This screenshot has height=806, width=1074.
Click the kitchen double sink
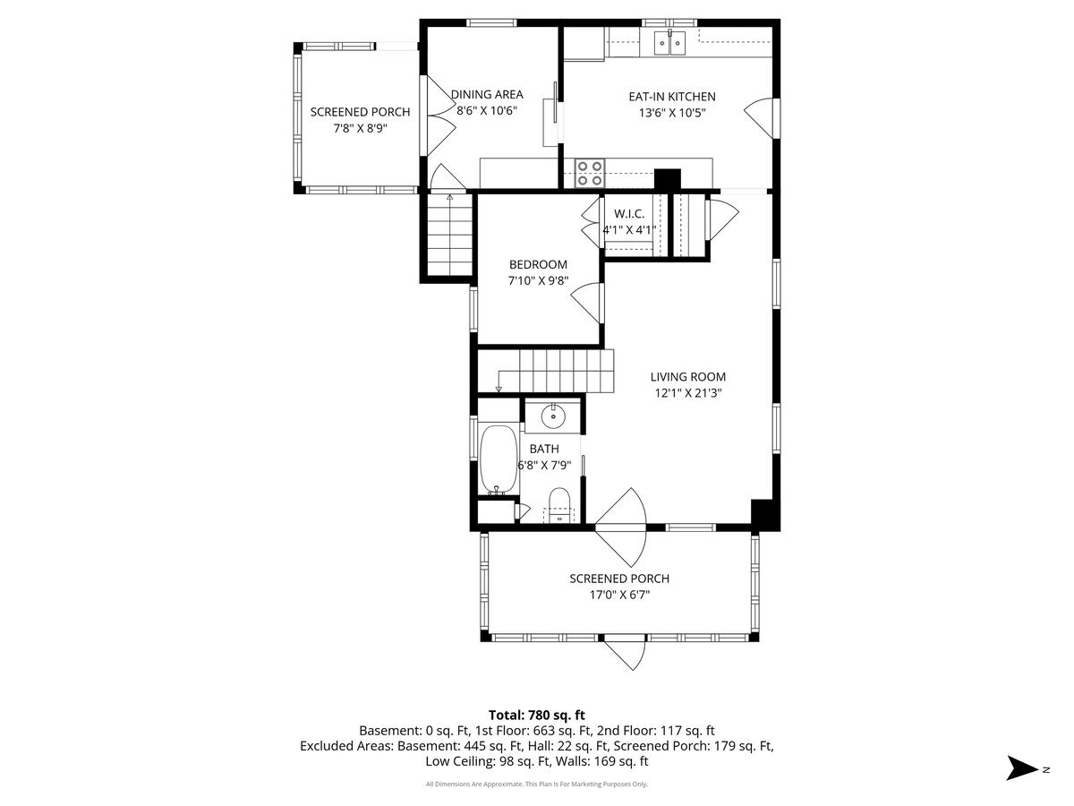point(670,43)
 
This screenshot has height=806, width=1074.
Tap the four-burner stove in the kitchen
point(589,174)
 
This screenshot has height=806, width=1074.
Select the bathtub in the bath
point(499,460)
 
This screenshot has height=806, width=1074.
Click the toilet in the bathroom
point(559,504)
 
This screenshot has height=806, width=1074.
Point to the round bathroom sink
point(553,416)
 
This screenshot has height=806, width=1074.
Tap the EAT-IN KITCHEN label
point(672,97)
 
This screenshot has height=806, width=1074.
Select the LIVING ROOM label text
point(687,377)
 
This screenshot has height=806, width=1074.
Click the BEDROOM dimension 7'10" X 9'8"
point(538,281)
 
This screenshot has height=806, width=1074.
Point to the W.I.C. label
point(629,214)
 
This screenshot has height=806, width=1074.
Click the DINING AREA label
point(487,94)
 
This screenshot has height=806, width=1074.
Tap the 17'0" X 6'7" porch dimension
point(619,595)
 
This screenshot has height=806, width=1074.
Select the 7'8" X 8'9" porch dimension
point(360,129)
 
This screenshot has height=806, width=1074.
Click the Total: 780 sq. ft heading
point(537,716)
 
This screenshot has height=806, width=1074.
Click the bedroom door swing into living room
point(586,303)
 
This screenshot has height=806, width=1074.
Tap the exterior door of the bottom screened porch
point(626,654)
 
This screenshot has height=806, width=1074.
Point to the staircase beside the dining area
point(449,235)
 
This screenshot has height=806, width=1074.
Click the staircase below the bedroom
point(545,371)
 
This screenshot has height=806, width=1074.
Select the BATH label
point(544,449)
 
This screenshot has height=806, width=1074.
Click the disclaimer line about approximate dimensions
point(537,785)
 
